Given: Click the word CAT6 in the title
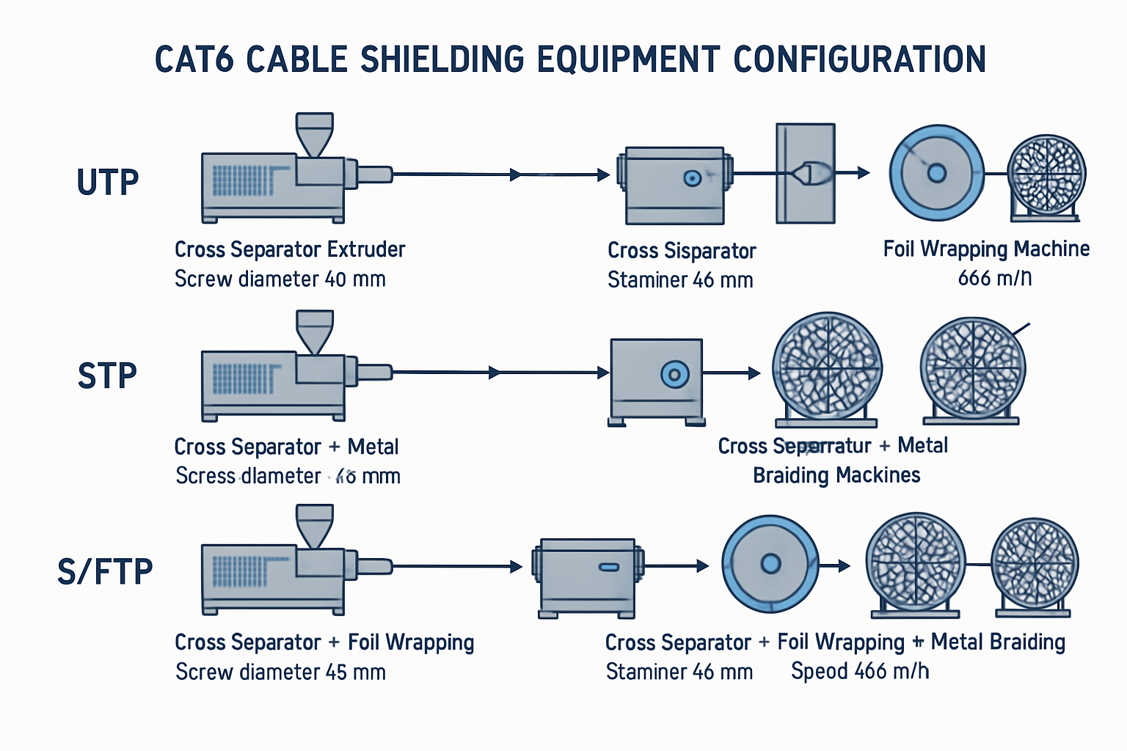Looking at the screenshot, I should (x=194, y=60).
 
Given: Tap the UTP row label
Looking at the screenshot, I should (x=108, y=183).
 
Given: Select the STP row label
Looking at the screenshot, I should (x=107, y=376).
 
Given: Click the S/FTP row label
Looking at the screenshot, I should (x=105, y=571).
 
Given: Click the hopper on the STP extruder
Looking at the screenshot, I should (x=314, y=331).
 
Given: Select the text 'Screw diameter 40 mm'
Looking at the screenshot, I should (x=280, y=279).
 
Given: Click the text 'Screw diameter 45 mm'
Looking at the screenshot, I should (x=280, y=672).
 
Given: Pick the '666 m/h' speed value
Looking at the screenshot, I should (x=994, y=278).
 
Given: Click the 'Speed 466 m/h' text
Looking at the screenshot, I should (x=860, y=671).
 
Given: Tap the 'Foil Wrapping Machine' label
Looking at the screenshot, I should (x=986, y=249).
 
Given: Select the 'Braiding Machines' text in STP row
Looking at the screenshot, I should (x=836, y=475).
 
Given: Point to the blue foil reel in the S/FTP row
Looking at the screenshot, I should (x=770, y=563).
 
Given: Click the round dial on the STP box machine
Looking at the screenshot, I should (x=675, y=374).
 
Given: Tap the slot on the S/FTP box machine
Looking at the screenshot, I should (x=609, y=567).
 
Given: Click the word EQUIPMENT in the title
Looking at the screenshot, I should (x=628, y=60).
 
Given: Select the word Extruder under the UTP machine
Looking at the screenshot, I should (x=366, y=249).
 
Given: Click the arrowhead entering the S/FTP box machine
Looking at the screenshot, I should (x=517, y=566).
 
